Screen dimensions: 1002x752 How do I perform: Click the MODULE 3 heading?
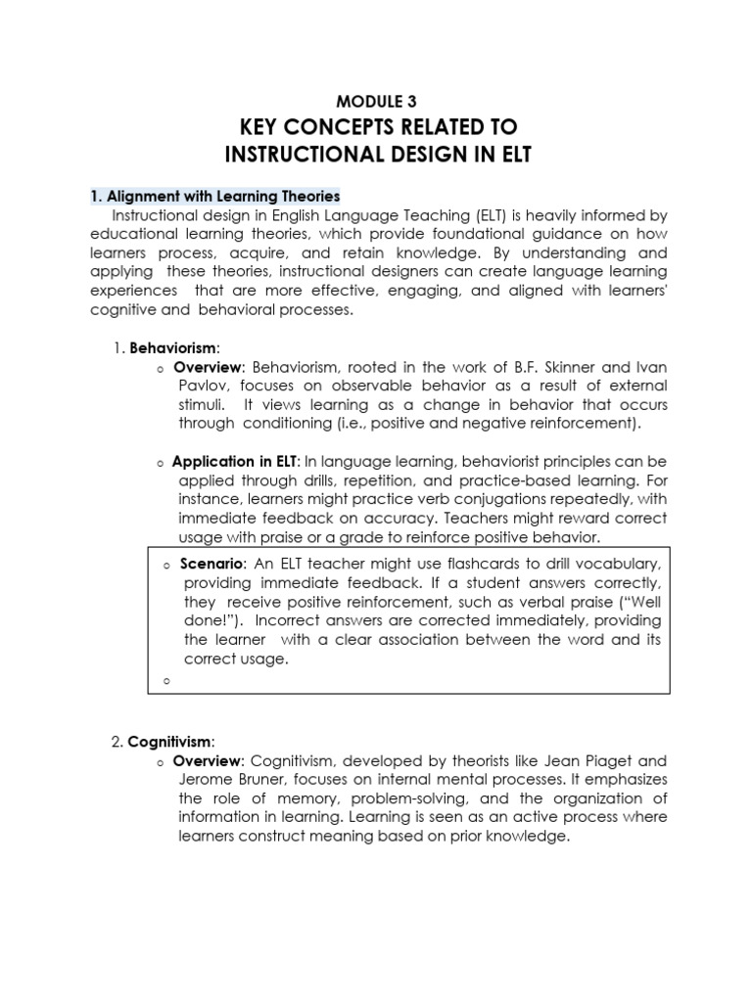tap(376, 99)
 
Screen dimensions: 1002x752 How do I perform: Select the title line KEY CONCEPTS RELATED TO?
tap(376, 128)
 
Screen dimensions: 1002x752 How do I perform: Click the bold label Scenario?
tap(213, 564)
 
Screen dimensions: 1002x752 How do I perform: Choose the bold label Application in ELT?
tap(235, 461)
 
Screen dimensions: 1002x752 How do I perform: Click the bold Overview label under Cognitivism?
tap(210, 760)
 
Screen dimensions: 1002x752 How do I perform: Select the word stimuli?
tap(201, 405)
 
